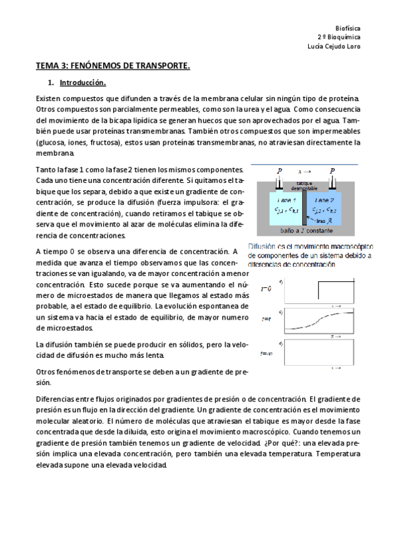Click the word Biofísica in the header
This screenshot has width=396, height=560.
[x=348, y=29]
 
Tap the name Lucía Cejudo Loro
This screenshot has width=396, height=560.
[x=335, y=46]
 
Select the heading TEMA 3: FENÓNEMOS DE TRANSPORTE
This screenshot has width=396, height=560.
[x=113, y=66]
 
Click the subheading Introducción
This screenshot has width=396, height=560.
[x=83, y=83]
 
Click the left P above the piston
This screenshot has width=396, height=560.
[x=279, y=171]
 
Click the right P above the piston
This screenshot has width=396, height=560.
[x=332, y=171]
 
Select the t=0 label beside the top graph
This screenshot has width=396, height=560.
[x=266, y=289]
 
